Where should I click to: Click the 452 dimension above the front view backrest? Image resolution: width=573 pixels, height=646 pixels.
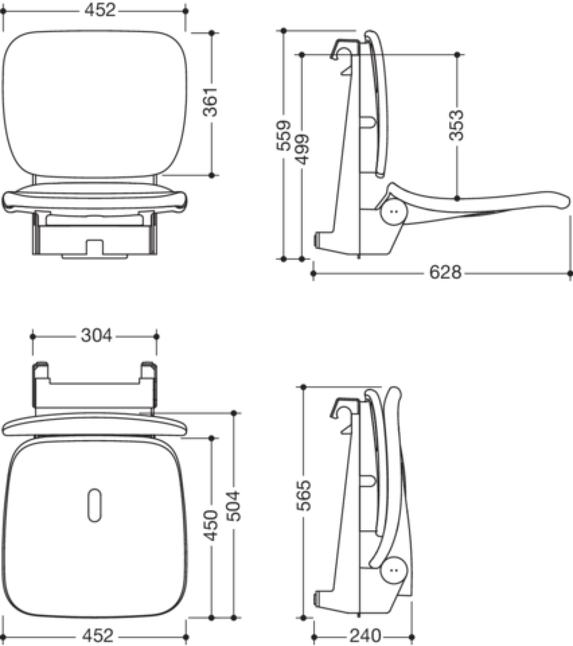99,10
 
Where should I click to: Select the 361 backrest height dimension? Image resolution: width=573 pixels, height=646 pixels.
211,102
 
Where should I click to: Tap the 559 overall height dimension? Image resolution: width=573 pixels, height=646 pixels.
283,135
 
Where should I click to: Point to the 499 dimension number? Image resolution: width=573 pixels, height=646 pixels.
301,149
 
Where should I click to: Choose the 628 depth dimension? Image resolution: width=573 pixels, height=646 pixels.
445,273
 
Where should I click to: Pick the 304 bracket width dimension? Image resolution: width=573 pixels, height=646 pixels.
96,335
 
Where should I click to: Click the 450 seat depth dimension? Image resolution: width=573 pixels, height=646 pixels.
211,526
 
